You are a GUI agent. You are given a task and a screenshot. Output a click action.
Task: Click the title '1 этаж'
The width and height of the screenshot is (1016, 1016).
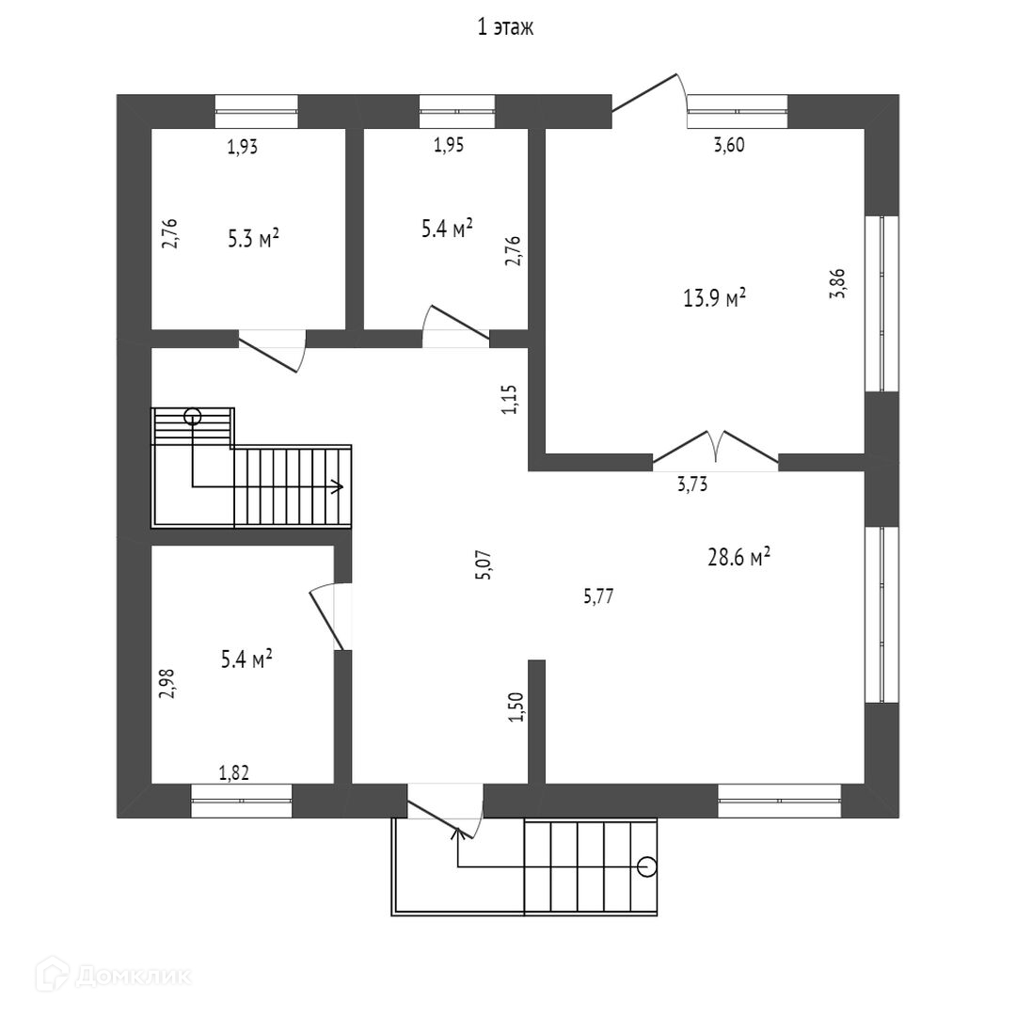click(x=506, y=28)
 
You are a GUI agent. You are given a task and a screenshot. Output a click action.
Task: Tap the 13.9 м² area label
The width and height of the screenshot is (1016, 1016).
click(x=714, y=298)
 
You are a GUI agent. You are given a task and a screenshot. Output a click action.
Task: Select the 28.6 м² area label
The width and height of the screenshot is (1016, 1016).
click(x=738, y=558)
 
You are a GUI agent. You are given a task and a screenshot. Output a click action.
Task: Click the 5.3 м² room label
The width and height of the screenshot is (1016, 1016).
click(x=253, y=239)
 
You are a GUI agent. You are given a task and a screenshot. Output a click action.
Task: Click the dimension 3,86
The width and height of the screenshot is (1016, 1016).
click(x=837, y=283)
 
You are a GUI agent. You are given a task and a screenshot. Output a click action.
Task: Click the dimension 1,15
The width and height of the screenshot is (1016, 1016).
click(x=509, y=399)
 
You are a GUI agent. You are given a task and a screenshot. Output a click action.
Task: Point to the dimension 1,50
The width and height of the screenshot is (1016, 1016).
click(x=515, y=706)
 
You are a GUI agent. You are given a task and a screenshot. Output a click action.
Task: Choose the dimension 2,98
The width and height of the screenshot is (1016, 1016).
click(x=167, y=682)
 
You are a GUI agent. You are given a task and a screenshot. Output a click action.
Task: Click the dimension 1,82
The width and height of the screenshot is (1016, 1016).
click(x=234, y=773)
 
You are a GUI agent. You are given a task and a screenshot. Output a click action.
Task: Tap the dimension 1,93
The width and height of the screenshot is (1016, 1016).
click(x=242, y=146)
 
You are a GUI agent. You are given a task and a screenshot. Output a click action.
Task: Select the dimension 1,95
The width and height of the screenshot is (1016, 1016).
click(x=448, y=145)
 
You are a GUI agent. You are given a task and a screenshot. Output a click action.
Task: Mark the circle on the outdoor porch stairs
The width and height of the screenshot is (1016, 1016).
click(x=646, y=866)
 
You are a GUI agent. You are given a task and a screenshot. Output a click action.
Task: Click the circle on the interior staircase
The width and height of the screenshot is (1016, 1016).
click(x=193, y=415)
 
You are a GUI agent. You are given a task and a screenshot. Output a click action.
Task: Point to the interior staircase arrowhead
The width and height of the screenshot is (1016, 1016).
click(x=338, y=486)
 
